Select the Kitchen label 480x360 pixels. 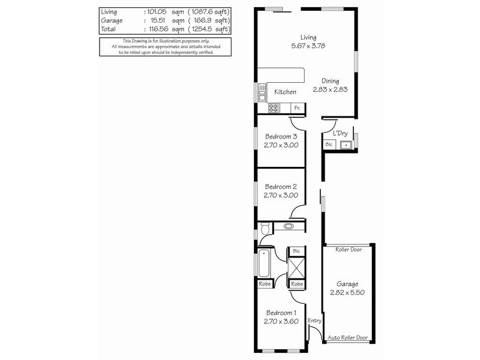click(285, 92)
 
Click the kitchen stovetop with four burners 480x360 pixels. click(274, 108)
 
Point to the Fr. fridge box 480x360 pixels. click(296, 108)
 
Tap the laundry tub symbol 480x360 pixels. click(346, 145)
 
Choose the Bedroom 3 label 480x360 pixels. click(281, 136)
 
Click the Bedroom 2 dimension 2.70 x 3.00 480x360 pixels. click(281, 195)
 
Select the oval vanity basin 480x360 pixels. click(289, 227)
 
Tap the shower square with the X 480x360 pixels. click(296, 266)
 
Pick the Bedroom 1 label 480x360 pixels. click(281, 313)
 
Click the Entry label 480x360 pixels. click(315, 321)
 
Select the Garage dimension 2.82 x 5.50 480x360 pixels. click(347, 293)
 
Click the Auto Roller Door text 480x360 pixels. click(347, 338)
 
